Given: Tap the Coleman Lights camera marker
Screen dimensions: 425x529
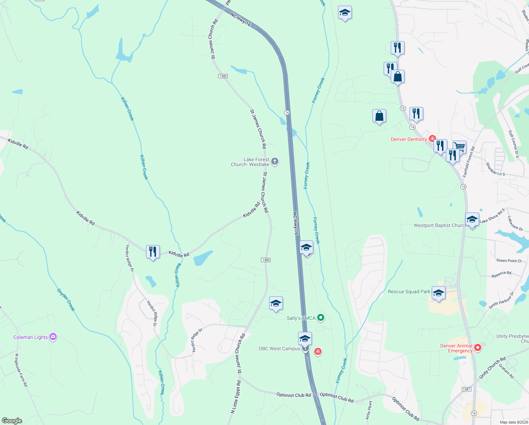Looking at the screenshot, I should tap(53, 337).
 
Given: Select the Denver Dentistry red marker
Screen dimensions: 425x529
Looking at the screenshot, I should tap(432, 138).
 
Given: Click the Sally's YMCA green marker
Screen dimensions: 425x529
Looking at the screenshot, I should tap(321, 318).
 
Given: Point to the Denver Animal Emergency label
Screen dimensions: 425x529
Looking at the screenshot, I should tap(456, 348).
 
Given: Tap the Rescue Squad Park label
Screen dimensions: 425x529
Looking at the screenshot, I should tap(409, 292).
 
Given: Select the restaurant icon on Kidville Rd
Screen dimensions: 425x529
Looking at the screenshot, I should tap(153, 252).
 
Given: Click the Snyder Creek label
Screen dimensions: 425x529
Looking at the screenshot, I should tap(66, 300).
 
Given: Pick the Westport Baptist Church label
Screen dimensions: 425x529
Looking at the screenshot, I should tap(440, 225).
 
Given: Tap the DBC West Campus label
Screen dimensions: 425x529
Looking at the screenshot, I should tap(279, 348).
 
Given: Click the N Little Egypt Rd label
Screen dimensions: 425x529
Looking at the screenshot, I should tap(236, 397).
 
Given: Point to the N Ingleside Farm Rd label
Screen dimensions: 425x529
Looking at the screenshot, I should tap(21, 370).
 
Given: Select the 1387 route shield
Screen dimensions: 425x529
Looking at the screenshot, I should tap(466, 389).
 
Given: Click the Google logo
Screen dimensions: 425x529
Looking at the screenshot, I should tap(12, 421).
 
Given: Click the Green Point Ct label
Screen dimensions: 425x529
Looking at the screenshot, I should tap(509, 261).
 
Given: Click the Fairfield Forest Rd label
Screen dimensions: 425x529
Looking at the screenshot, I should tap(469, 162).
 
